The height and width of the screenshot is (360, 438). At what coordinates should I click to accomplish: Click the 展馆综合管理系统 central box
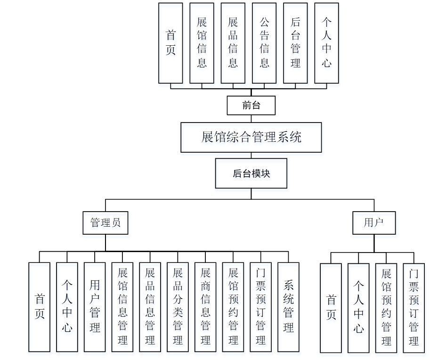tap(251, 137)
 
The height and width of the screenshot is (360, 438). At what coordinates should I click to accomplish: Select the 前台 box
tap(251, 105)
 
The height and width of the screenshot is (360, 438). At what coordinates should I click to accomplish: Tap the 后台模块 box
tap(251, 173)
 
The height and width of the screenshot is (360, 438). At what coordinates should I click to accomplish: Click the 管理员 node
tap(105, 222)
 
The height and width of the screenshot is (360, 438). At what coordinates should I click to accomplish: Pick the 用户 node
tap(374, 222)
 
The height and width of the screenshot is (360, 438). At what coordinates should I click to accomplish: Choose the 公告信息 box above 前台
tap(264, 43)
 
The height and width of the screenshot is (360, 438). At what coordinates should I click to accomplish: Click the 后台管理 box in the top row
tap(295, 43)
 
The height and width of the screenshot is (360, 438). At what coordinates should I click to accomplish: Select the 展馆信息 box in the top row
tap(202, 43)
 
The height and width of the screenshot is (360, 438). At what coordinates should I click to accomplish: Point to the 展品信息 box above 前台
tap(233, 43)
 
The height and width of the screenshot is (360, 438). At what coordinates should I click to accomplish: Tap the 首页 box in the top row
tap(170, 43)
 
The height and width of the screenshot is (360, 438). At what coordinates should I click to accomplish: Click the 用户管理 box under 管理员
tap(95, 307)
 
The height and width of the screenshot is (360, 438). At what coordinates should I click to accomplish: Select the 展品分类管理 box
tap(178, 307)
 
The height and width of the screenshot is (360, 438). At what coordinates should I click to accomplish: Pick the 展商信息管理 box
tap(205, 307)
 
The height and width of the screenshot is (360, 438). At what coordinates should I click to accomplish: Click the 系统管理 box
tap(288, 307)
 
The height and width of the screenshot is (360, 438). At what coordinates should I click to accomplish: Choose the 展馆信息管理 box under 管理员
tap(122, 307)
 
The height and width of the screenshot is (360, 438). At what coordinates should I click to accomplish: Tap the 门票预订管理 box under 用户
tap(414, 308)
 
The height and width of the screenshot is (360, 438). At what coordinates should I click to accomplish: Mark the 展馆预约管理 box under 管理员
tap(233, 307)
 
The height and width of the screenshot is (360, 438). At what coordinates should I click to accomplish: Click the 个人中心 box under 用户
tap(358, 308)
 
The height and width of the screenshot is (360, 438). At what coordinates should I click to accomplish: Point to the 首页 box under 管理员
tap(40, 307)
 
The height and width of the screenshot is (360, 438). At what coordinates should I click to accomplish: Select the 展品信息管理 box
tap(150, 307)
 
